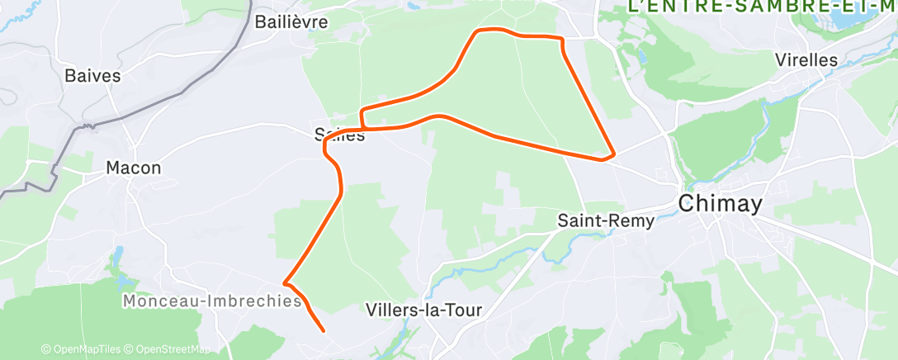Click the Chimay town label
[719, 204]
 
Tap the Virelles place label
[806, 60]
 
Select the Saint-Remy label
[606, 221]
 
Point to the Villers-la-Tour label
[423, 310]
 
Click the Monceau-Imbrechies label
[212, 302]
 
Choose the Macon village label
[134, 168]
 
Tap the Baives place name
[92, 76]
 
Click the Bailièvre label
[291, 21]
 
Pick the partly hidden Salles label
[339, 135]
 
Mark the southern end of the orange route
[322, 331]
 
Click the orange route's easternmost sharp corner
[614, 154]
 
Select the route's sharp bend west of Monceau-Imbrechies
[285, 282]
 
